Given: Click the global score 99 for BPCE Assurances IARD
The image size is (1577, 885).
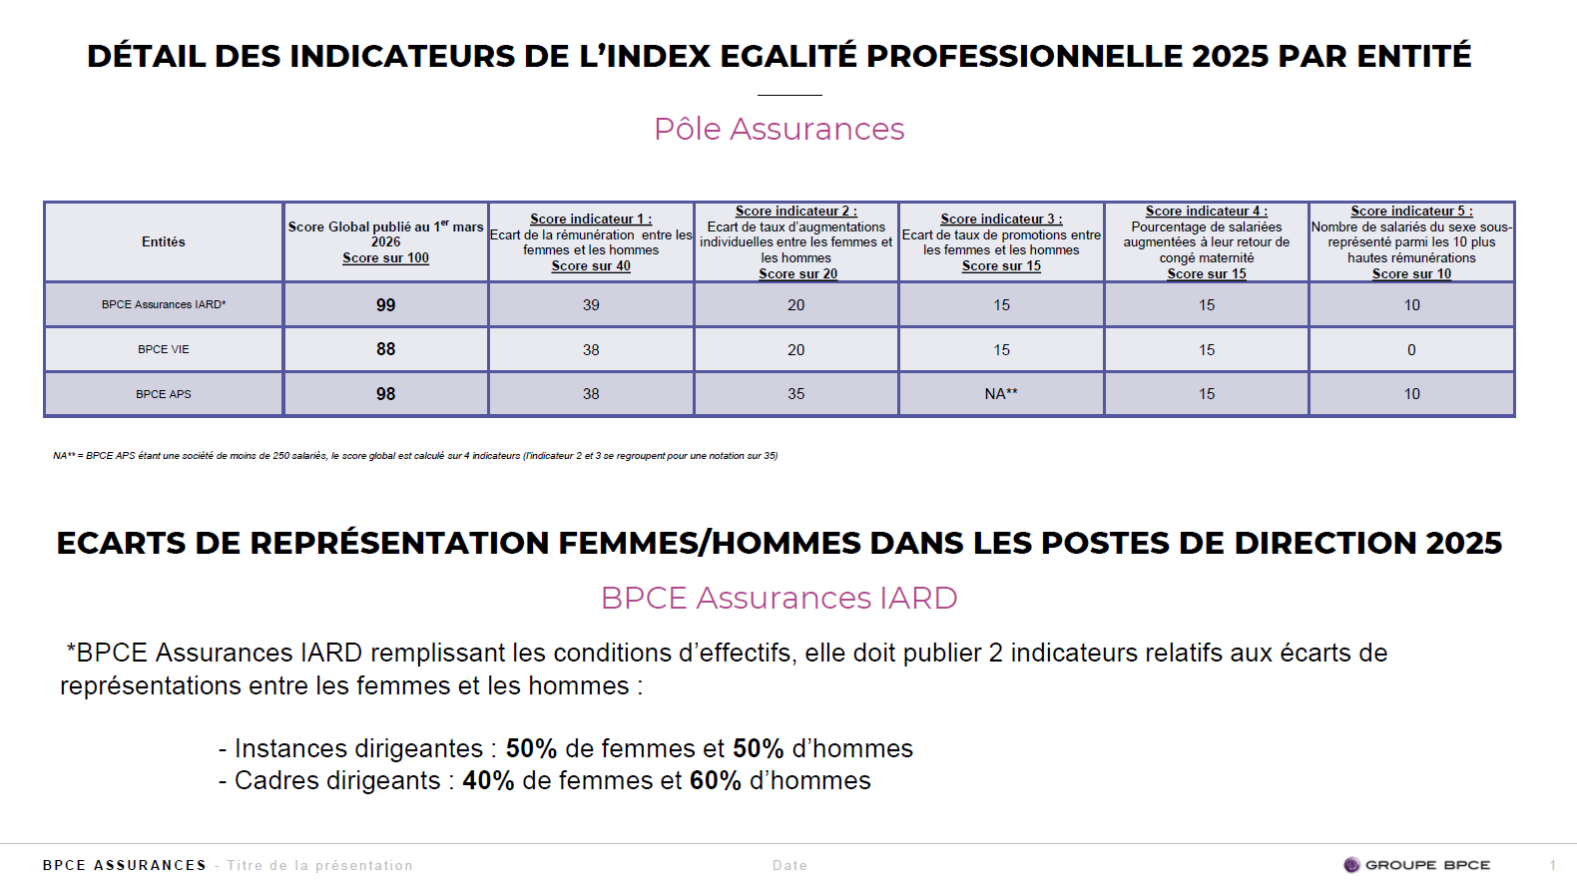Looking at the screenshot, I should pyautogui.click(x=385, y=305).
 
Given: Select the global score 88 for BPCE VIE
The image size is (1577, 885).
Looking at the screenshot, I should pyautogui.click(x=385, y=349).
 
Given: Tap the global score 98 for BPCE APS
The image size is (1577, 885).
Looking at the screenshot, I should pyautogui.click(x=385, y=394).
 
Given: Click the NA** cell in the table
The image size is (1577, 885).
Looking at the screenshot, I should pyautogui.click(x=1001, y=394).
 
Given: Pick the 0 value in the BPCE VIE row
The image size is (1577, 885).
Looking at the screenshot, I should pyautogui.click(x=1411, y=350).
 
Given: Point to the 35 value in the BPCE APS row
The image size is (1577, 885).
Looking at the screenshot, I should pyautogui.click(x=795, y=394).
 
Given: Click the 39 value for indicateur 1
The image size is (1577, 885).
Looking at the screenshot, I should pyautogui.click(x=591, y=305).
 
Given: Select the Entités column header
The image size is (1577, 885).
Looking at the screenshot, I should pyautogui.click(x=164, y=241).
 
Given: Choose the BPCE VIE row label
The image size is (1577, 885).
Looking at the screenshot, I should pyautogui.click(x=164, y=349).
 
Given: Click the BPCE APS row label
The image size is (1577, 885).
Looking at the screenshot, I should pyautogui.click(x=164, y=394).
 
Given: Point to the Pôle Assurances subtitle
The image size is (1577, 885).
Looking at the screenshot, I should pyautogui.click(x=779, y=129).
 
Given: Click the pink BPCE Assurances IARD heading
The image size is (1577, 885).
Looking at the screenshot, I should pyautogui.click(x=779, y=598).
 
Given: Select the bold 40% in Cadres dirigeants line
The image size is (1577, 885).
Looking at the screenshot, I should pyautogui.click(x=488, y=781).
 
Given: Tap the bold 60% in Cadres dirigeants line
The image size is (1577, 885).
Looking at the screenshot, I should pyautogui.click(x=715, y=781).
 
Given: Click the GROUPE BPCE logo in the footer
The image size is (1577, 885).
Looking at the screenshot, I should pyautogui.click(x=1416, y=865).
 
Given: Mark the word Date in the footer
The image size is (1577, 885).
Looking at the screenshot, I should pyautogui.click(x=789, y=865).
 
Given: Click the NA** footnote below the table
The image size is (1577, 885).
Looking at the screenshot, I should pyautogui.click(x=415, y=456).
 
